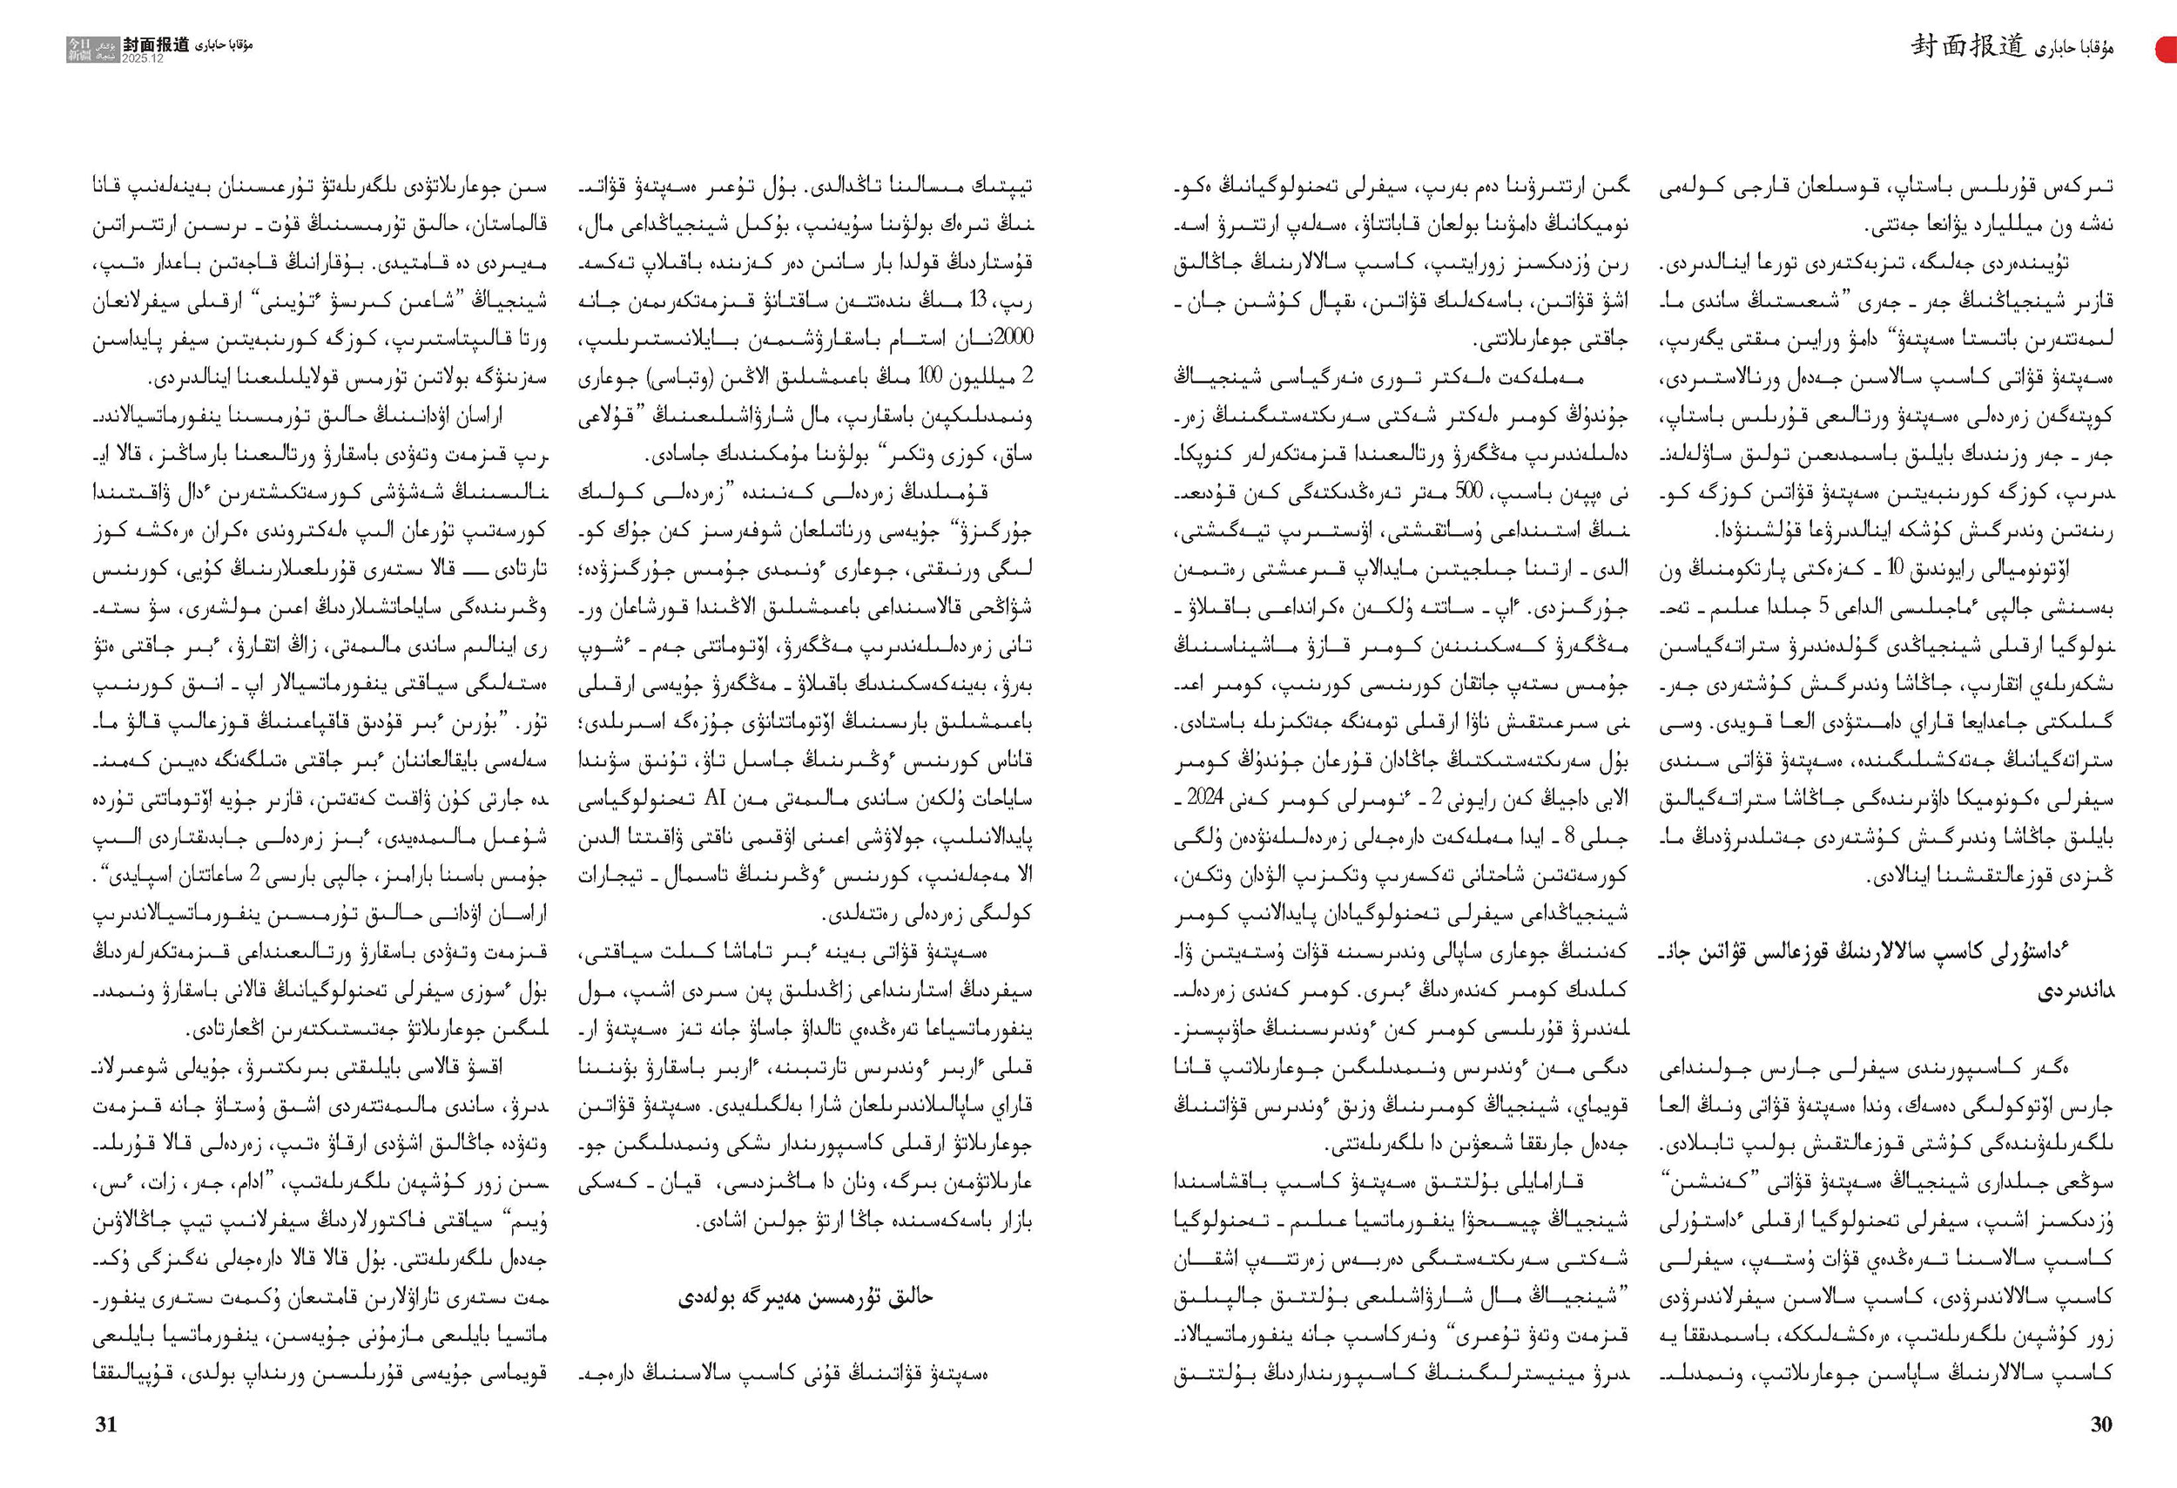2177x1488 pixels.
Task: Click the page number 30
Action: point(2100,1424)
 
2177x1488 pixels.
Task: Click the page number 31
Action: point(106,1424)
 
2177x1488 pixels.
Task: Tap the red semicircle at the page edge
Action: point(2167,49)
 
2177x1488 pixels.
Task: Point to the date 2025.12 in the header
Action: point(143,58)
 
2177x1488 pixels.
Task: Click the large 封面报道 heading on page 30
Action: point(1968,46)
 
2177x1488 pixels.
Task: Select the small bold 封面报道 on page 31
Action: point(157,44)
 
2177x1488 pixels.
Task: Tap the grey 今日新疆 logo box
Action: point(92,49)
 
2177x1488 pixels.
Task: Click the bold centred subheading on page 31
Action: point(805,1297)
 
